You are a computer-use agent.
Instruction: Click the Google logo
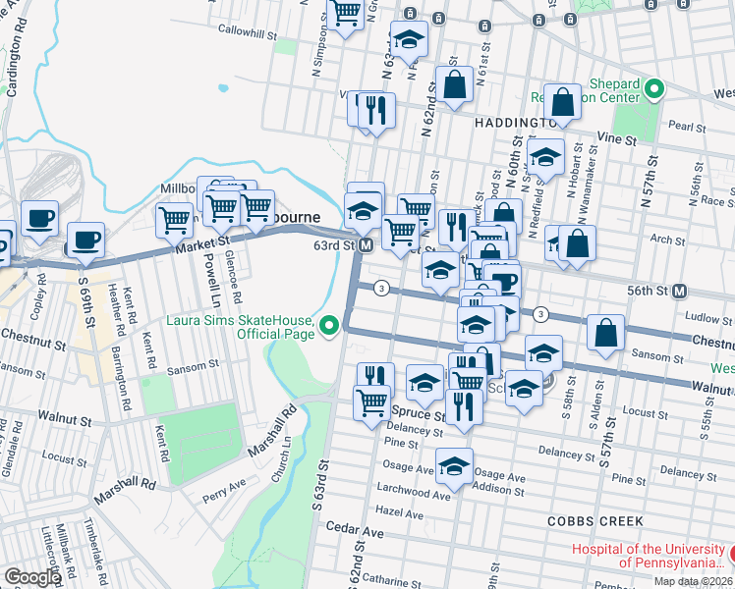tap(32, 578)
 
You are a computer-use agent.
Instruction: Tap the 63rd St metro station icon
tap(365, 244)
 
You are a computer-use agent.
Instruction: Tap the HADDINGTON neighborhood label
tap(516, 123)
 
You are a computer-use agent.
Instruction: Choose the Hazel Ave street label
tap(398, 511)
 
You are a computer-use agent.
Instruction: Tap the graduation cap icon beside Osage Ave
tap(454, 467)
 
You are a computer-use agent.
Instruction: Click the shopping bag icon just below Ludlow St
tap(606, 333)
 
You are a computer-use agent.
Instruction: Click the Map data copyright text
tap(693, 581)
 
